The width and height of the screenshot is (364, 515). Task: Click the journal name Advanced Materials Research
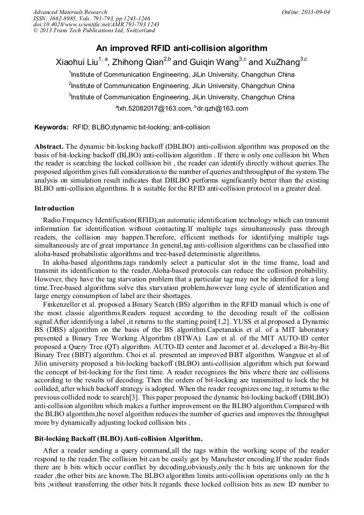(x=70, y=12)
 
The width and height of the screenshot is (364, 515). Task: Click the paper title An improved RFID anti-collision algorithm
(x=181, y=48)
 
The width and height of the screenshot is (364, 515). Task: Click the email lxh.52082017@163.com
(x=154, y=108)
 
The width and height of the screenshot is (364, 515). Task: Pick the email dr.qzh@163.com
(x=222, y=108)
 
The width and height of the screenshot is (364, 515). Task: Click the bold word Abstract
(x=49, y=147)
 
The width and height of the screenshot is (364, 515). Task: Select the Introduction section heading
(x=54, y=208)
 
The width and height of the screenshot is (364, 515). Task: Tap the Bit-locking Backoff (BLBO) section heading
(x=118, y=438)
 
